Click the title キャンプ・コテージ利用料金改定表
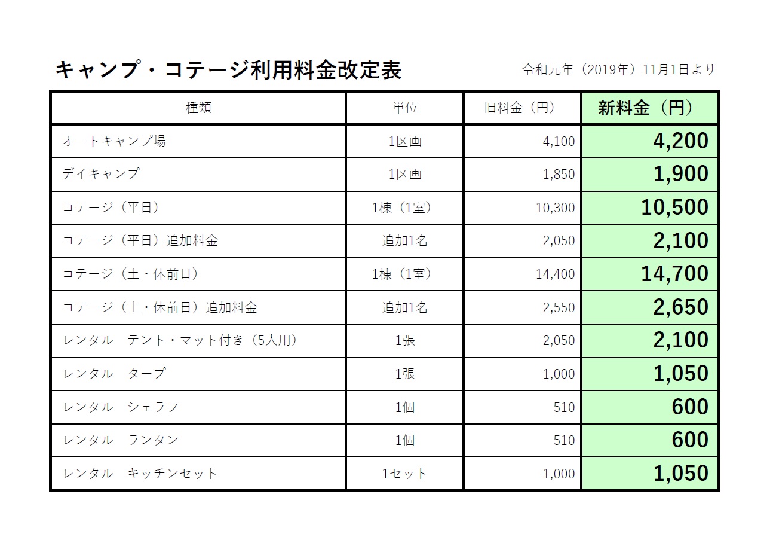[228, 71]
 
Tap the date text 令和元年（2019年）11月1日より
[618, 70]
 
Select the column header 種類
[198, 108]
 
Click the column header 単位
[404, 108]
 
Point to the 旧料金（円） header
[520, 108]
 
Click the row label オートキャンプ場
[114, 141]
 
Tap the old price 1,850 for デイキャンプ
[559, 175]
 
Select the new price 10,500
[674, 208]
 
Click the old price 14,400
[556, 274]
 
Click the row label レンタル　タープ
[114, 374]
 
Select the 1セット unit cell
[404, 474]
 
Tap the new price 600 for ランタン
[690, 440]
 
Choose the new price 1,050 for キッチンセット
[680, 474]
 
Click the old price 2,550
[559, 308]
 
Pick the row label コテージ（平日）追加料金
[140, 241]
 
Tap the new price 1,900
[680, 175]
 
